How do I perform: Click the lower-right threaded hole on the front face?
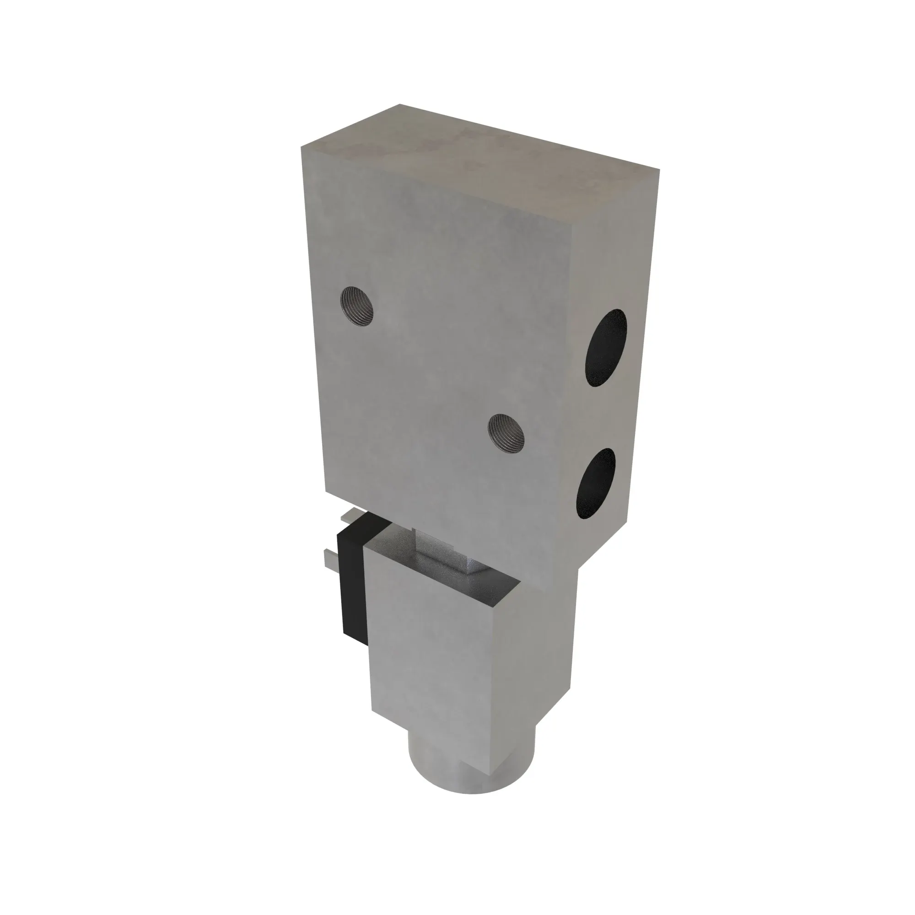[x=506, y=432]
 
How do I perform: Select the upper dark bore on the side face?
[x=606, y=348]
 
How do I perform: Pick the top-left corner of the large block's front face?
[x=301, y=147]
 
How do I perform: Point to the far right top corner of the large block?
[x=659, y=169]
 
